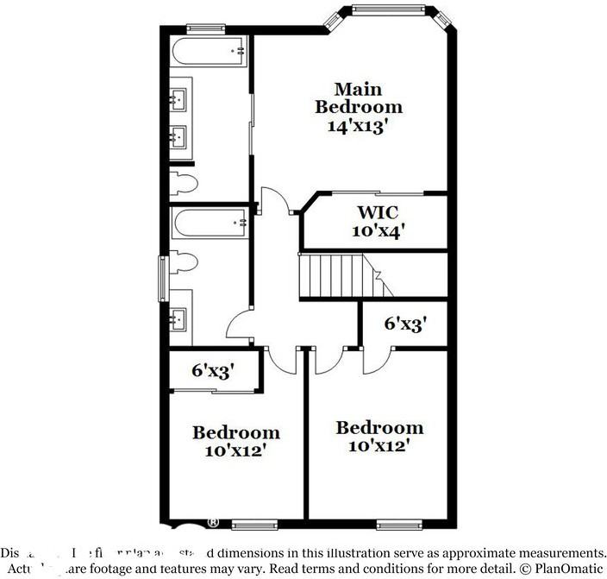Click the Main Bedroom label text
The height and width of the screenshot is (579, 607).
click(358, 98)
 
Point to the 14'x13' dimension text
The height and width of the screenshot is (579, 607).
click(358, 126)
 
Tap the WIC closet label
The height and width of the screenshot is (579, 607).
click(378, 212)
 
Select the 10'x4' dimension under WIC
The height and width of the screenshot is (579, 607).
click(378, 231)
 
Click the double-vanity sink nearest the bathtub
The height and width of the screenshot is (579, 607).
click(179, 100)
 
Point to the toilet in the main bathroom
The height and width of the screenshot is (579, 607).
click(185, 182)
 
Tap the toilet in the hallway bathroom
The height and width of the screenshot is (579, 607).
click(184, 263)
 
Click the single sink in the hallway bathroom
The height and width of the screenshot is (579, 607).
click(180, 319)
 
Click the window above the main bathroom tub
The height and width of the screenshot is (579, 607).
click(201, 28)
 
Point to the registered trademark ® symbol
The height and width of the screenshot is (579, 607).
click(212, 523)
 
